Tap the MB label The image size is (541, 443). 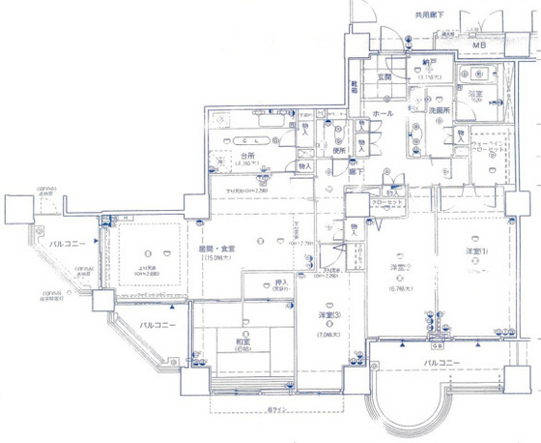pyautogui.click(x=480, y=45)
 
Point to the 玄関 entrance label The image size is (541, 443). pyautogui.click(x=383, y=76)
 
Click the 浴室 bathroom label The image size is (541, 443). pyautogui.click(x=475, y=95)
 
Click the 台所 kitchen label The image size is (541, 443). pyautogui.click(x=247, y=155)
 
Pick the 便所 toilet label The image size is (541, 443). pyautogui.click(x=339, y=150)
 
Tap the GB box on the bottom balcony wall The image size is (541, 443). pyautogui.click(x=438, y=344)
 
